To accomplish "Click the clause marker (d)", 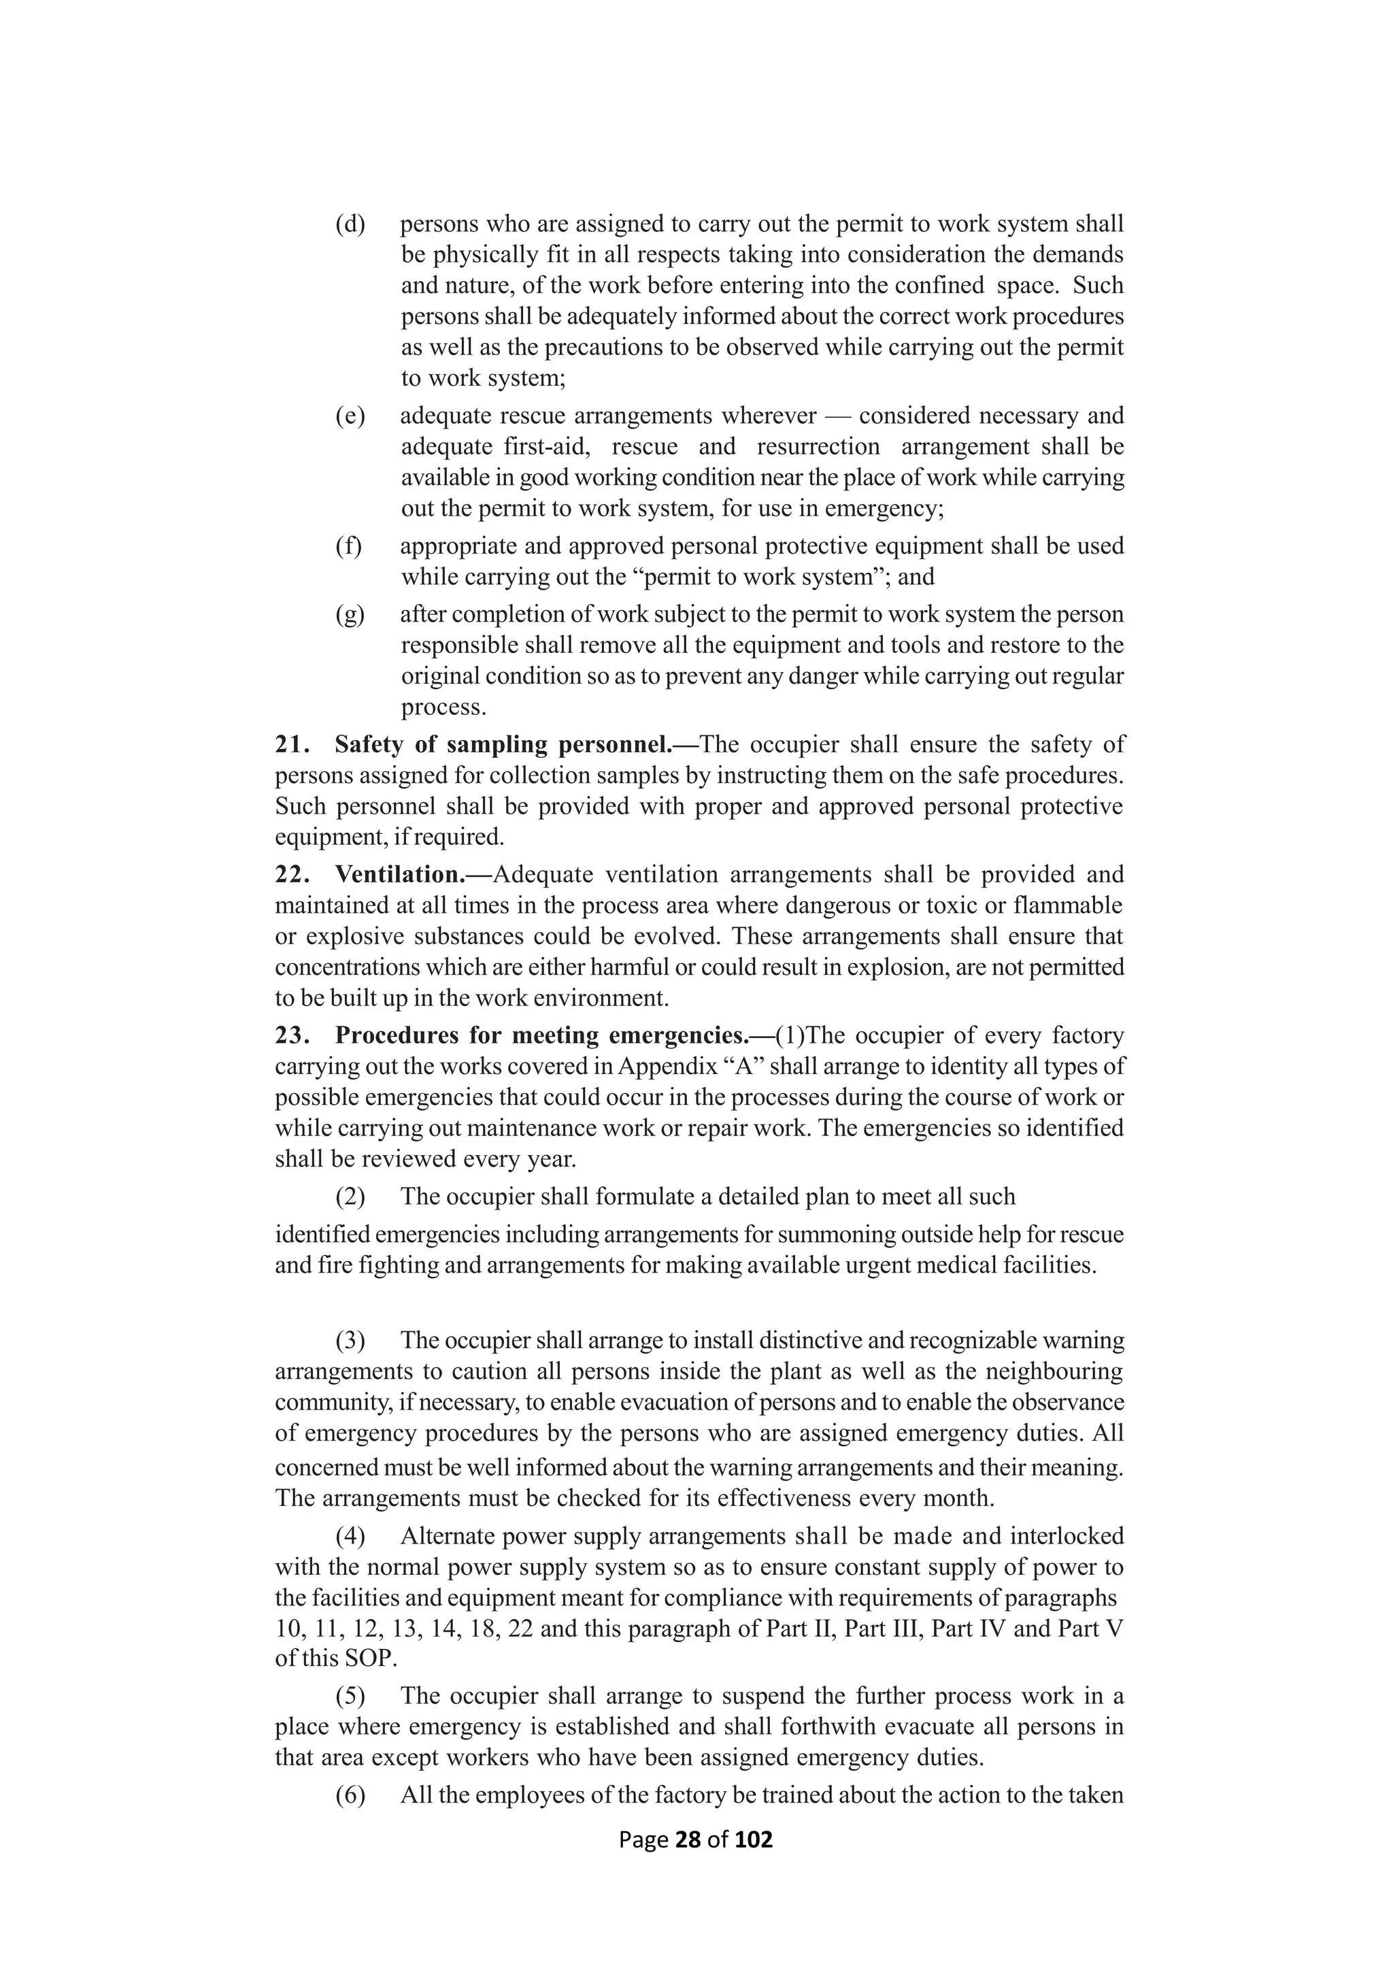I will (x=350, y=224).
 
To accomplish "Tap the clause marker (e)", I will (x=350, y=416).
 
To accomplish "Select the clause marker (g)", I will (x=350, y=614).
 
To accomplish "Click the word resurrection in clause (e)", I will (x=818, y=447).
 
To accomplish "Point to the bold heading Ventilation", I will (x=400, y=874).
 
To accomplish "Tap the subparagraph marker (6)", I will (x=350, y=1795).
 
